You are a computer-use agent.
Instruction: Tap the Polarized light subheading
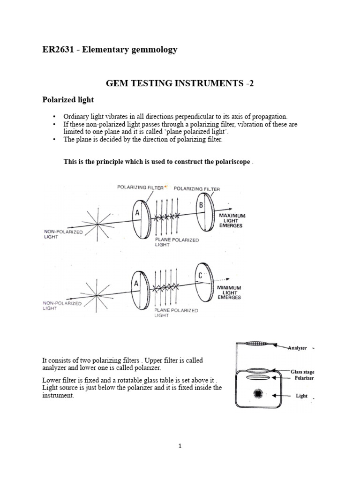coord(68,100)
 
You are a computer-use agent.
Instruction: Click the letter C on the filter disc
coord(199,276)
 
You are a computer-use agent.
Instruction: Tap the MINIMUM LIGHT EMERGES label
coord(229,292)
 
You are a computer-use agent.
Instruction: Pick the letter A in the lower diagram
coord(136,284)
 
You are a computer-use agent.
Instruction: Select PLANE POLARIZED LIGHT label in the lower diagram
coord(176,313)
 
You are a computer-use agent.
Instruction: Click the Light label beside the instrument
coord(301,396)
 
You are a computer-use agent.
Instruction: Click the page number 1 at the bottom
coord(180,447)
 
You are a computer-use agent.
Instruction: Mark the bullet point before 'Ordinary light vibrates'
coord(54,116)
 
